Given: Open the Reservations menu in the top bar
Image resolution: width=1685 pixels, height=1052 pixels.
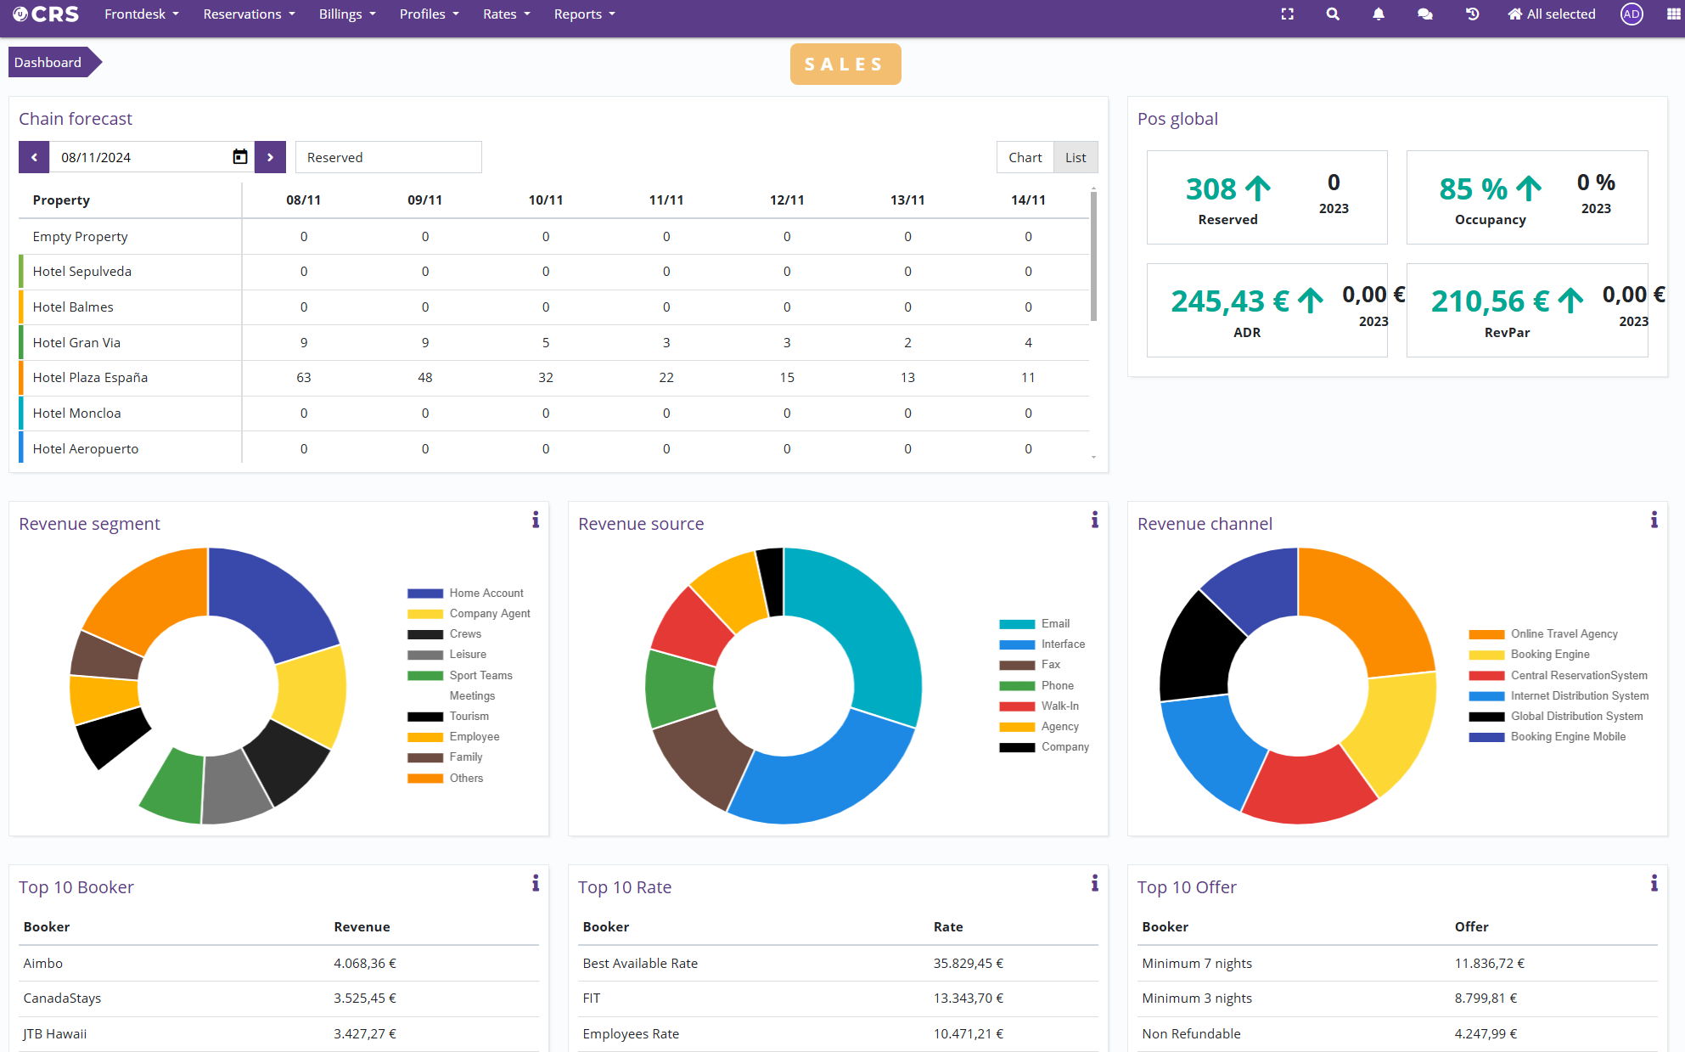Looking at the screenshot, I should pyautogui.click(x=249, y=14).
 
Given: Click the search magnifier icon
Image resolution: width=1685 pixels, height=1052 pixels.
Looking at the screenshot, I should pyautogui.click(x=1333, y=14).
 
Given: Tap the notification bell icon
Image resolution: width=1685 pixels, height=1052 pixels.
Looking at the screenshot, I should pyautogui.click(x=1379, y=14).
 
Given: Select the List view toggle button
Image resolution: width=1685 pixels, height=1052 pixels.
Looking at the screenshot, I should pyautogui.click(x=1075, y=157).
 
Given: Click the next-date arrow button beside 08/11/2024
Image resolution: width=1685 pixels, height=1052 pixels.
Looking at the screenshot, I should pyautogui.click(x=270, y=157).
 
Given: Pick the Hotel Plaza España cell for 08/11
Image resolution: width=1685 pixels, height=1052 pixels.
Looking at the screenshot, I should pyautogui.click(x=304, y=378).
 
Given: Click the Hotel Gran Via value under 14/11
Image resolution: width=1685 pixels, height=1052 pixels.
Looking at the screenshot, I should pyautogui.click(x=1028, y=343).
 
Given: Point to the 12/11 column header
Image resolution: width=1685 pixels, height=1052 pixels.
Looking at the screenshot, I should pyautogui.click(x=787, y=200).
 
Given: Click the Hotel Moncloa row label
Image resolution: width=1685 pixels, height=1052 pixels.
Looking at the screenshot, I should pyautogui.click(x=76, y=413).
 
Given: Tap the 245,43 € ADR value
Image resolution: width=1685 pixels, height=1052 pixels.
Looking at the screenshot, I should pyautogui.click(x=1230, y=301).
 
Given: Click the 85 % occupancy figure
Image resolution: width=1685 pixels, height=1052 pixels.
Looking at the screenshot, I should pyautogui.click(x=1473, y=188).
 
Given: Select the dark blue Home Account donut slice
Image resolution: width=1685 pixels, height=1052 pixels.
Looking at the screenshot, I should pyautogui.click(x=272, y=599).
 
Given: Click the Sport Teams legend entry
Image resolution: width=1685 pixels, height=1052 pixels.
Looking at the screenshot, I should pyautogui.click(x=480, y=676).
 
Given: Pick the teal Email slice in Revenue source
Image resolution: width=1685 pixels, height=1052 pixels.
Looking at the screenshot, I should pyautogui.click(x=866, y=620).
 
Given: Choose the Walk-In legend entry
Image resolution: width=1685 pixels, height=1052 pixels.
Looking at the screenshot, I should pyautogui.click(x=1059, y=706).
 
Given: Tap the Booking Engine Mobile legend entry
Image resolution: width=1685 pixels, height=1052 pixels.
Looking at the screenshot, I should pyautogui.click(x=1568, y=737).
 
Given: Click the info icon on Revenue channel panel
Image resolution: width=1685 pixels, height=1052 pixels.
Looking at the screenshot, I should pyautogui.click(x=1654, y=520).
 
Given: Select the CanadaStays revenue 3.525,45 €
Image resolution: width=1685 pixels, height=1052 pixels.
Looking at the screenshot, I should pyautogui.click(x=365, y=999).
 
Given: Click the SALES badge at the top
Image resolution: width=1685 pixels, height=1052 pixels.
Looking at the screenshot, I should pyautogui.click(x=845, y=65).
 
